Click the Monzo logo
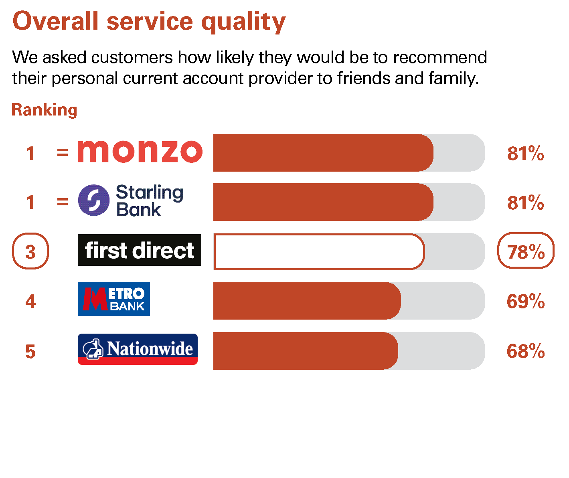tap(140, 152)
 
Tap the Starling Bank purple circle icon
tap(94, 200)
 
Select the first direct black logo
tap(140, 250)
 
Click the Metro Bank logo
tap(113, 299)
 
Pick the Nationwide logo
tap(138, 349)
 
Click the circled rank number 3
tap(30, 251)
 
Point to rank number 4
tap(31, 302)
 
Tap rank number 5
tap(30, 351)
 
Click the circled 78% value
tap(526, 251)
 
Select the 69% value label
tap(526, 301)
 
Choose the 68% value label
tap(526, 351)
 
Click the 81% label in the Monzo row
tap(526, 153)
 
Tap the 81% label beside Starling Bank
tap(526, 203)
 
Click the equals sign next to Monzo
tap(63, 152)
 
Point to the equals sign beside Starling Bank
tap(63, 202)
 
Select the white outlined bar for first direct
tap(319, 251)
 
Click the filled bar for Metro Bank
tap(307, 301)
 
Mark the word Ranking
tap(45, 110)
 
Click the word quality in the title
tap(243, 22)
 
